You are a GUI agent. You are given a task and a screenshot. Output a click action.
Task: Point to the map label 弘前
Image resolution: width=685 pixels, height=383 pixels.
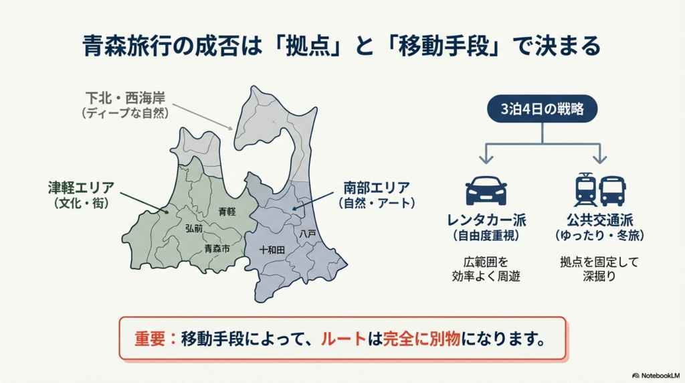click(x=195, y=228)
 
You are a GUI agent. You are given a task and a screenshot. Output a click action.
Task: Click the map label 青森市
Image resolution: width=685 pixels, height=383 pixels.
click(x=217, y=248)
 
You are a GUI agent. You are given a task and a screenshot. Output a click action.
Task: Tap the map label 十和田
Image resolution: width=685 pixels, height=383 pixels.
click(x=272, y=249)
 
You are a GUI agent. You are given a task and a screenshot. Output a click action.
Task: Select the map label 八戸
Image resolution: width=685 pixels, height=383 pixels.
click(x=307, y=234)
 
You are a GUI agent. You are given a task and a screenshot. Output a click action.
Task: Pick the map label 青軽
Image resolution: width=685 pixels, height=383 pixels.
click(x=227, y=212)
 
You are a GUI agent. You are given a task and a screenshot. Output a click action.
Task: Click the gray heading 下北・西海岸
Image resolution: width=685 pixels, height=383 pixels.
click(x=125, y=98)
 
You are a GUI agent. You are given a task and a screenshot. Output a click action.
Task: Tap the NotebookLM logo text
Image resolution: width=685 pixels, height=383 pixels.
click(x=658, y=376)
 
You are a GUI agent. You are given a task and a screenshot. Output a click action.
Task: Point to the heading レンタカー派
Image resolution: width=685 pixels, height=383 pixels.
click(x=486, y=220)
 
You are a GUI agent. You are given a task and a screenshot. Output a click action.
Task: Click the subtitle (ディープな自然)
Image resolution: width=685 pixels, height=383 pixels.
click(x=125, y=114)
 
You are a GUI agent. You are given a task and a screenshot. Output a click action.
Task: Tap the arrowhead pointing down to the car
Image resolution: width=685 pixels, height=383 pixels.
click(x=486, y=159)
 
